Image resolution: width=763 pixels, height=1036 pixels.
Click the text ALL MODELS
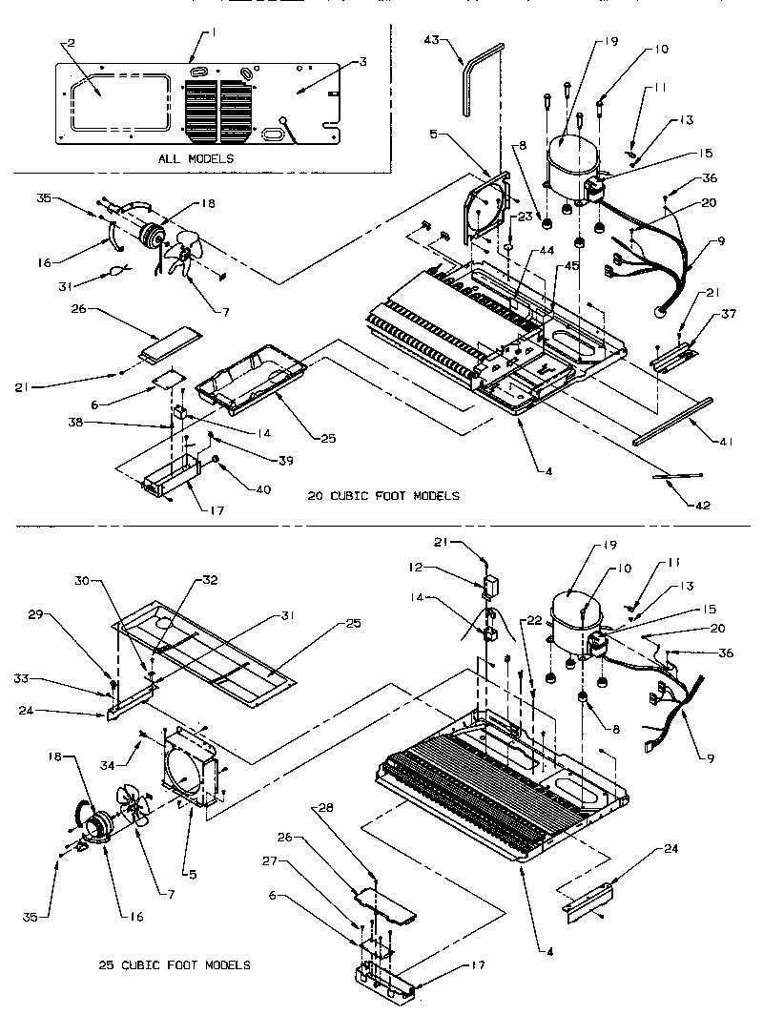point(196,158)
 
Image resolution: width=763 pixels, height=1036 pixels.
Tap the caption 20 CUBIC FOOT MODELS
point(383,495)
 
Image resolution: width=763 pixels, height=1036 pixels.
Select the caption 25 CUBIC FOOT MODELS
point(175,964)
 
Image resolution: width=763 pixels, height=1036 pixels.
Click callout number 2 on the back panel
point(68,44)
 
